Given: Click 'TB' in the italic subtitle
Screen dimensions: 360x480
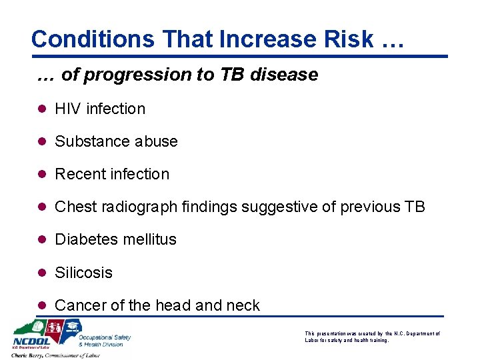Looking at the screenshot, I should click(233, 75).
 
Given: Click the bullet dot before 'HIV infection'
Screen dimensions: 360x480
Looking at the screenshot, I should click(43, 109).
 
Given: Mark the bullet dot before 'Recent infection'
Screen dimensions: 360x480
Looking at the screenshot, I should click(43, 174).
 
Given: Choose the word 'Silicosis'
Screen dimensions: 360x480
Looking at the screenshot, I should click(83, 273).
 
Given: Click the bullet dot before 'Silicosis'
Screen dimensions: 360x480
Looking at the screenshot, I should click(43, 273).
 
